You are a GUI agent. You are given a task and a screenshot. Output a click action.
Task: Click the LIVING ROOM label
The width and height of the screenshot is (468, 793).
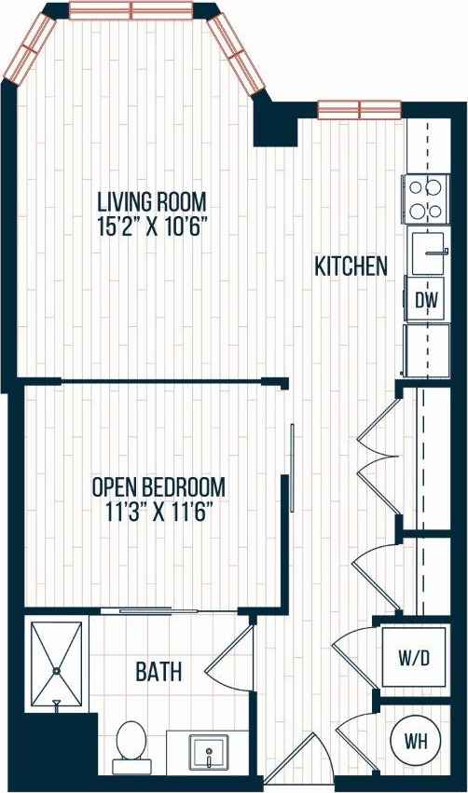[x=153, y=201]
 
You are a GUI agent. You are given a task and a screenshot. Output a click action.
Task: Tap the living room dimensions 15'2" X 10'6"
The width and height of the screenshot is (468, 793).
[x=153, y=225]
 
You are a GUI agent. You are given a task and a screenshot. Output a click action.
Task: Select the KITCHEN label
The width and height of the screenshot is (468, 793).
[x=351, y=267]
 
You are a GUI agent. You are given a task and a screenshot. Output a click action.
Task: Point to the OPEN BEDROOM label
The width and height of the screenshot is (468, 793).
[x=158, y=486]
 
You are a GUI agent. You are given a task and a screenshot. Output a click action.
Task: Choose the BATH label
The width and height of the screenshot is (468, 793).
[x=158, y=671]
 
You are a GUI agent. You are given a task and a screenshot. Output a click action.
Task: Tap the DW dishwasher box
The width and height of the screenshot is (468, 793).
[x=426, y=300]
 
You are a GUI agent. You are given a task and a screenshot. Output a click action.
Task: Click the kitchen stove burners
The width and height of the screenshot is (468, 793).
[x=425, y=198]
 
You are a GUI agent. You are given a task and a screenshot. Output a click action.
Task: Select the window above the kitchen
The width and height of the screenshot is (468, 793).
[x=353, y=109]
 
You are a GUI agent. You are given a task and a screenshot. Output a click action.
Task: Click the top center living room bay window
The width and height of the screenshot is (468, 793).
[x=131, y=10]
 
